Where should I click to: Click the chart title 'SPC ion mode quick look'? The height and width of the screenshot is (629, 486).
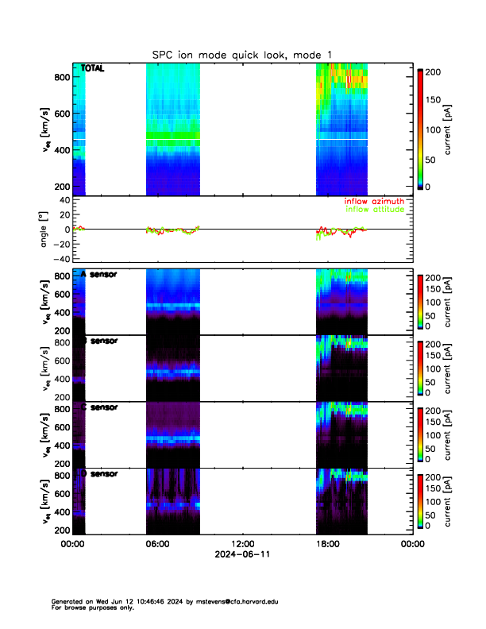coord(214,54)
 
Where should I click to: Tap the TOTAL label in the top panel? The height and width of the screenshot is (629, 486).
coord(93,69)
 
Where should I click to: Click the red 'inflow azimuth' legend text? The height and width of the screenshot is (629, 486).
coord(374,202)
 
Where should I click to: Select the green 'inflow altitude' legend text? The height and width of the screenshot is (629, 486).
coord(374,210)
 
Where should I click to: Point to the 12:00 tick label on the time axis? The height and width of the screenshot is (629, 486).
coord(242,544)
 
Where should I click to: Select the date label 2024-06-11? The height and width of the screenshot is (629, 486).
coord(242,554)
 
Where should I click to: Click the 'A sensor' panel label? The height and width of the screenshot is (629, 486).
coord(98,274)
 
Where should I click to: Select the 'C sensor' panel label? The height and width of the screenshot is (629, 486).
coord(98,407)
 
